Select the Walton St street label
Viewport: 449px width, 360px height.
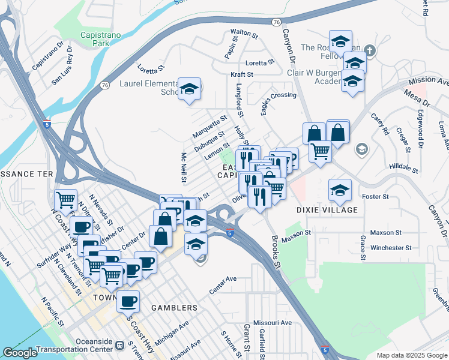[244, 34]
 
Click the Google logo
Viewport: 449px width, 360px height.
[19, 353]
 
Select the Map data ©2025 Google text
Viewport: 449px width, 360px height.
[411, 355]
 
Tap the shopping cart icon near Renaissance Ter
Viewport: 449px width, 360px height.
[65, 199]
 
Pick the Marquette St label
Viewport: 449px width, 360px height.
[209, 126]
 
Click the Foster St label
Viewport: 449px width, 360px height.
[376, 196]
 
